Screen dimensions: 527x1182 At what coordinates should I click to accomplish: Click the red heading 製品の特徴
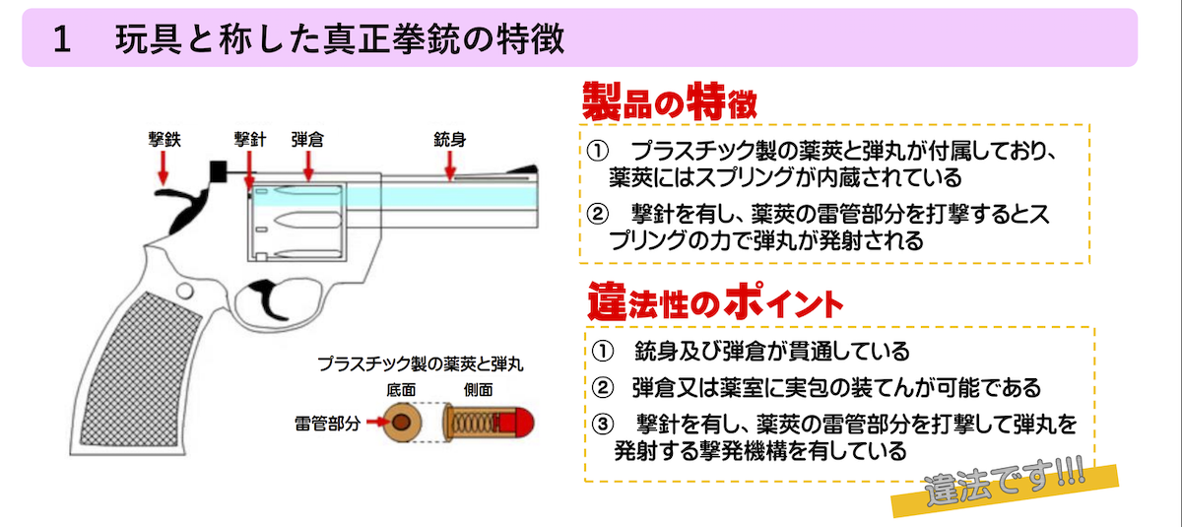pyautogui.click(x=669, y=101)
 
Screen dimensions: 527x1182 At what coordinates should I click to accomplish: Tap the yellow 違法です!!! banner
pyautogui.click(x=1006, y=489)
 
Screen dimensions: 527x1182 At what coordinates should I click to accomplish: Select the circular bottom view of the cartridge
pyautogui.click(x=403, y=423)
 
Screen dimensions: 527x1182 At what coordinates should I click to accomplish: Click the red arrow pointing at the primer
pyautogui.click(x=375, y=422)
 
